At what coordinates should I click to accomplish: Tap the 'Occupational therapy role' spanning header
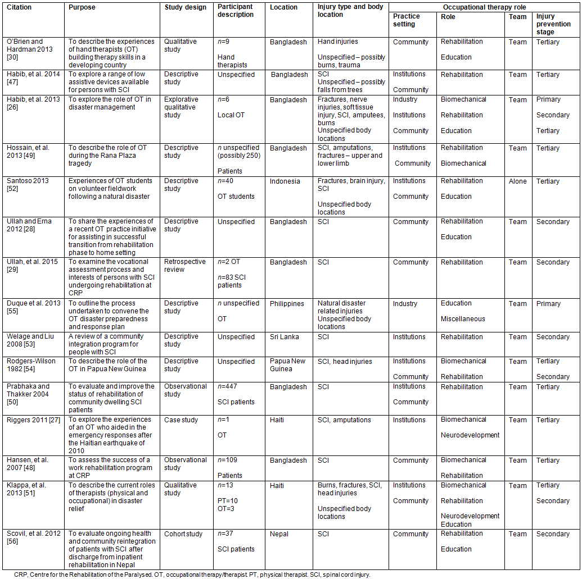[484, 7]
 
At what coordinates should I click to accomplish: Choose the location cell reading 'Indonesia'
[285, 181]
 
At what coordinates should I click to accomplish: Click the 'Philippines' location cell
[287, 304]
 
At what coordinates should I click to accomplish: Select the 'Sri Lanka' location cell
[284, 337]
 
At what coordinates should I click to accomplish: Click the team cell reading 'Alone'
[518, 181]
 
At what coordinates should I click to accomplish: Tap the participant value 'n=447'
[228, 387]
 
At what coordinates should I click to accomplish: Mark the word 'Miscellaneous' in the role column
[463, 319]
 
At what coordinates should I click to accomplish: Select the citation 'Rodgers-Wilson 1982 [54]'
[31, 365]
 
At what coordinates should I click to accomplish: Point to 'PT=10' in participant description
[228, 501]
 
